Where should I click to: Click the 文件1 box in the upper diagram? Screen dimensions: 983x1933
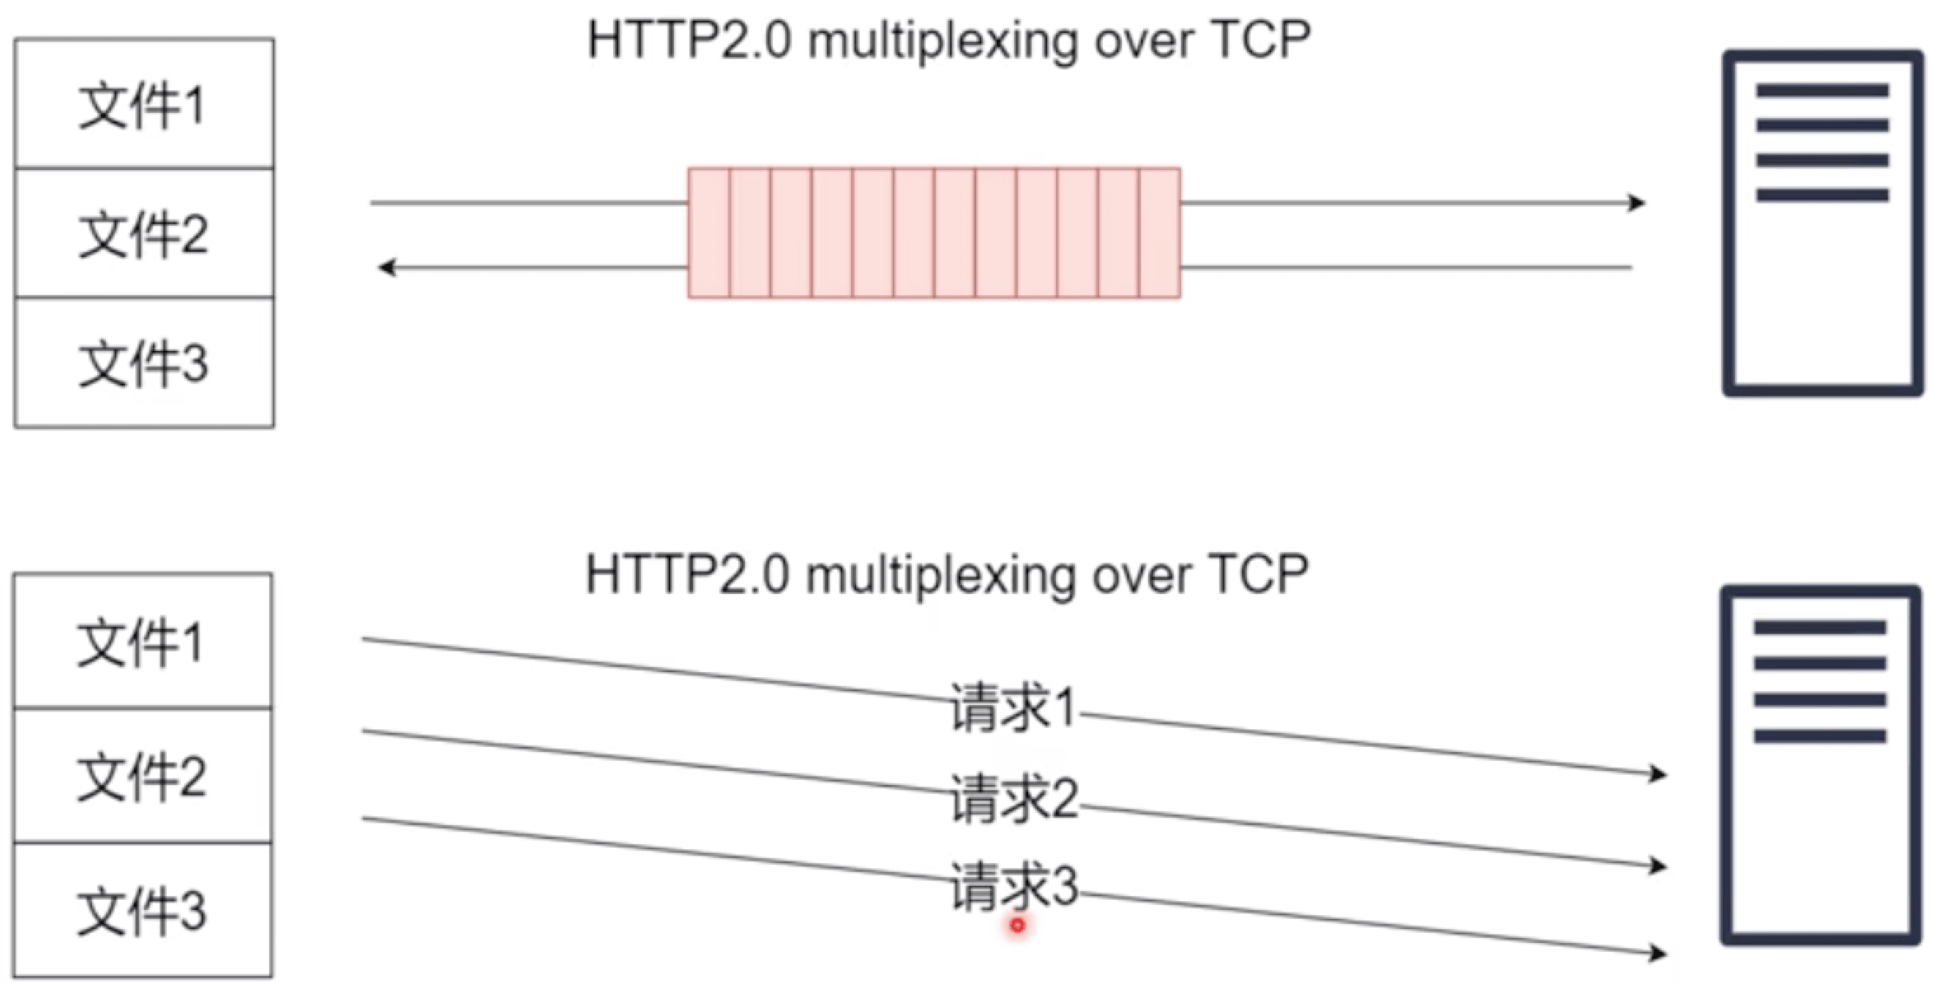point(144,104)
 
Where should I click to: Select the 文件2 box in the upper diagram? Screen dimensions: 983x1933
point(144,234)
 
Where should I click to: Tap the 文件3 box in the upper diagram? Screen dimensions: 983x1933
point(144,362)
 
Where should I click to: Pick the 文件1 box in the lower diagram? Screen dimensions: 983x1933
point(142,642)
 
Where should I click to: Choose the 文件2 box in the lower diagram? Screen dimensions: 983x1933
point(142,775)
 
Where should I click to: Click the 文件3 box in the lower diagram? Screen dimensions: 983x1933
point(142,910)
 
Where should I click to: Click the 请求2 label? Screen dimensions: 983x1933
point(1013,798)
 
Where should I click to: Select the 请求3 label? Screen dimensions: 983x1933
point(1013,886)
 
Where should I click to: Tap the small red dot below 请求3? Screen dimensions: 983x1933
point(1018,926)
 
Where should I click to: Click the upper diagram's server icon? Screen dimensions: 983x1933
point(1822,223)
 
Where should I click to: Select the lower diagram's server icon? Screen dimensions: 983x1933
point(1820,765)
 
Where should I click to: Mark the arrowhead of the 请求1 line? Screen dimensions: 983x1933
point(1659,773)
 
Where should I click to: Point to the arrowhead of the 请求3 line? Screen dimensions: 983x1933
point(1659,953)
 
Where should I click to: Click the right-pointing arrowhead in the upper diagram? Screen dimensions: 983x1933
point(1637,203)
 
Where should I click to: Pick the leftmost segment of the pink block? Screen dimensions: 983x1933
point(709,234)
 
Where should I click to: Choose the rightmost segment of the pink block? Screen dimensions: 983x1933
point(1160,234)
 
